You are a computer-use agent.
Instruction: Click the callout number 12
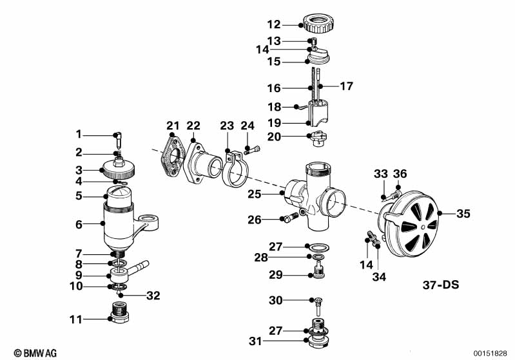pyautogui.click(x=274, y=24)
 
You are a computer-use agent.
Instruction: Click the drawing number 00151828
pyautogui.click(x=491, y=353)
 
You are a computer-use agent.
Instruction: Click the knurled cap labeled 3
pyautogui.click(x=118, y=170)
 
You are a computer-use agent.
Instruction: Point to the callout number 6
pyautogui.click(x=79, y=223)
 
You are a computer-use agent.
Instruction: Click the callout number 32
pyautogui.click(x=152, y=296)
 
